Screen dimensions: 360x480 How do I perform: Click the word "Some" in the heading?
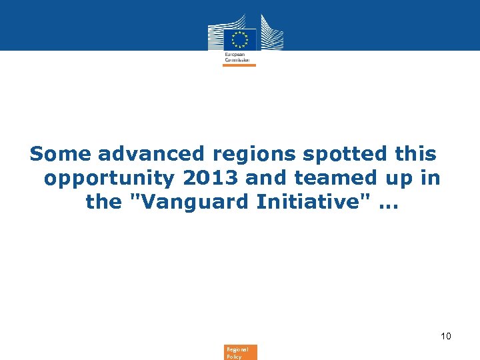[61, 154]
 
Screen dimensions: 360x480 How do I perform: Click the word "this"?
[415, 154]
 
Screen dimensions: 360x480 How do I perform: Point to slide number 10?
[445, 336]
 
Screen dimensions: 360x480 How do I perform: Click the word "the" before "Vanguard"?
[103, 202]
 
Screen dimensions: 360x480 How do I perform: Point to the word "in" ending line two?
[432, 178]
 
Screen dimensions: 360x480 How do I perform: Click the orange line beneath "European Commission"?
[239, 65]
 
